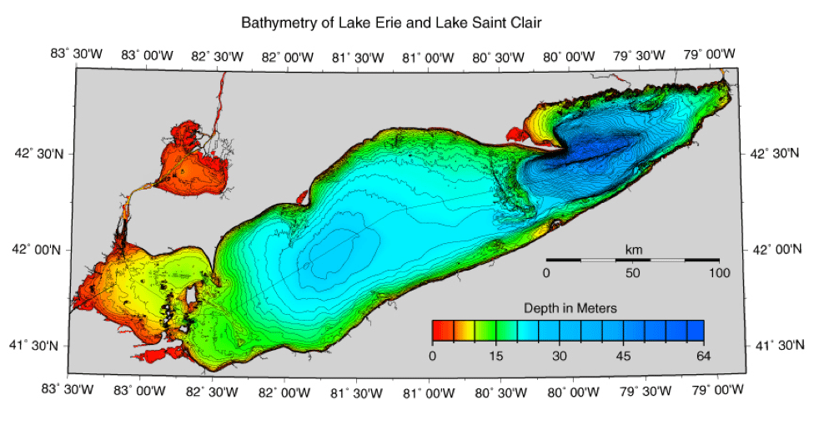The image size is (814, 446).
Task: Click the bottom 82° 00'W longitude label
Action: pos(287,389)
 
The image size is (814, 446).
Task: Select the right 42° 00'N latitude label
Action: pos(772,250)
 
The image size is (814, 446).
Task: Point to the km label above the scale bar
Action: pos(633,249)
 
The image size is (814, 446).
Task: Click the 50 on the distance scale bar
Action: pos(633,273)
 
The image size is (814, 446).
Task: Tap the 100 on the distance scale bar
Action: pos(718,273)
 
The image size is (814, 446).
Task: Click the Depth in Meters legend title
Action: pos(570,308)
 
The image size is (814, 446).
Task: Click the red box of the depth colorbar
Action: pos(442,331)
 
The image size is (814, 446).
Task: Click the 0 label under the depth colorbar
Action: pos(432,356)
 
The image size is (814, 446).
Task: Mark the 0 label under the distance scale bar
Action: pos(546,273)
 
